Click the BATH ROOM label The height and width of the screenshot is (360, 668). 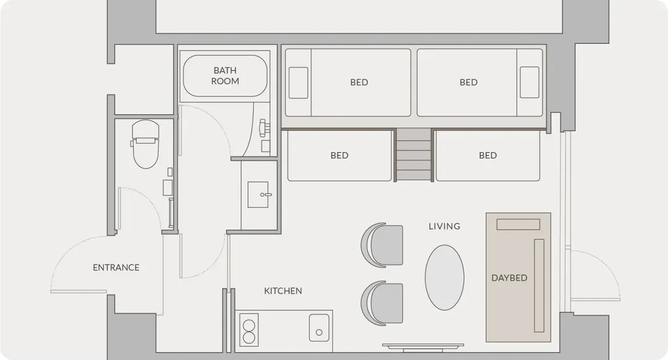tap(225, 75)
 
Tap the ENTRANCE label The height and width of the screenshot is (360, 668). tap(116, 268)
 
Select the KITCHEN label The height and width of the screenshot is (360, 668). tap(283, 291)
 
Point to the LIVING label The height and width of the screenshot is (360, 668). tap(444, 226)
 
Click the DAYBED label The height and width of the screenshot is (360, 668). tap(509, 278)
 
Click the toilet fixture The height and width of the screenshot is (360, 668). tap(145, 144)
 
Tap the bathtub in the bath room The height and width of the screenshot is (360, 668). tap(225, 75)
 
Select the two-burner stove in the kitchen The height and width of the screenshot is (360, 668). tap(249, 330)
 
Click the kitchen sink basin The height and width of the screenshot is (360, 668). tap(319, 328)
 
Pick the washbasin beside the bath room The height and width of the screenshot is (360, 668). tap(258, 195)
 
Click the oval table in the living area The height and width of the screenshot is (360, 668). tap(444, 277)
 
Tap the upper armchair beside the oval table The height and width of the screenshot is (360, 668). tap(382, 246)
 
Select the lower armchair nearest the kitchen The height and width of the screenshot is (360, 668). tap(382, 303)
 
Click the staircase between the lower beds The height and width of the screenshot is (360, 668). tap(413, 155)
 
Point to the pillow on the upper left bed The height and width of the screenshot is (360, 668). tap(298, 83)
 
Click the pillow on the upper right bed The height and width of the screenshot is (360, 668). tap(529, 83)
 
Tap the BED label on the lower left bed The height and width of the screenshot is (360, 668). tap(340, 155)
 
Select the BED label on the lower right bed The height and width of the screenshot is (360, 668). tap(488, 155)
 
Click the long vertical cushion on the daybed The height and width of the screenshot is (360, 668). tap(539, 285)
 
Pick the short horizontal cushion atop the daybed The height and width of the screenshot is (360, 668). tap(518, 225)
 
